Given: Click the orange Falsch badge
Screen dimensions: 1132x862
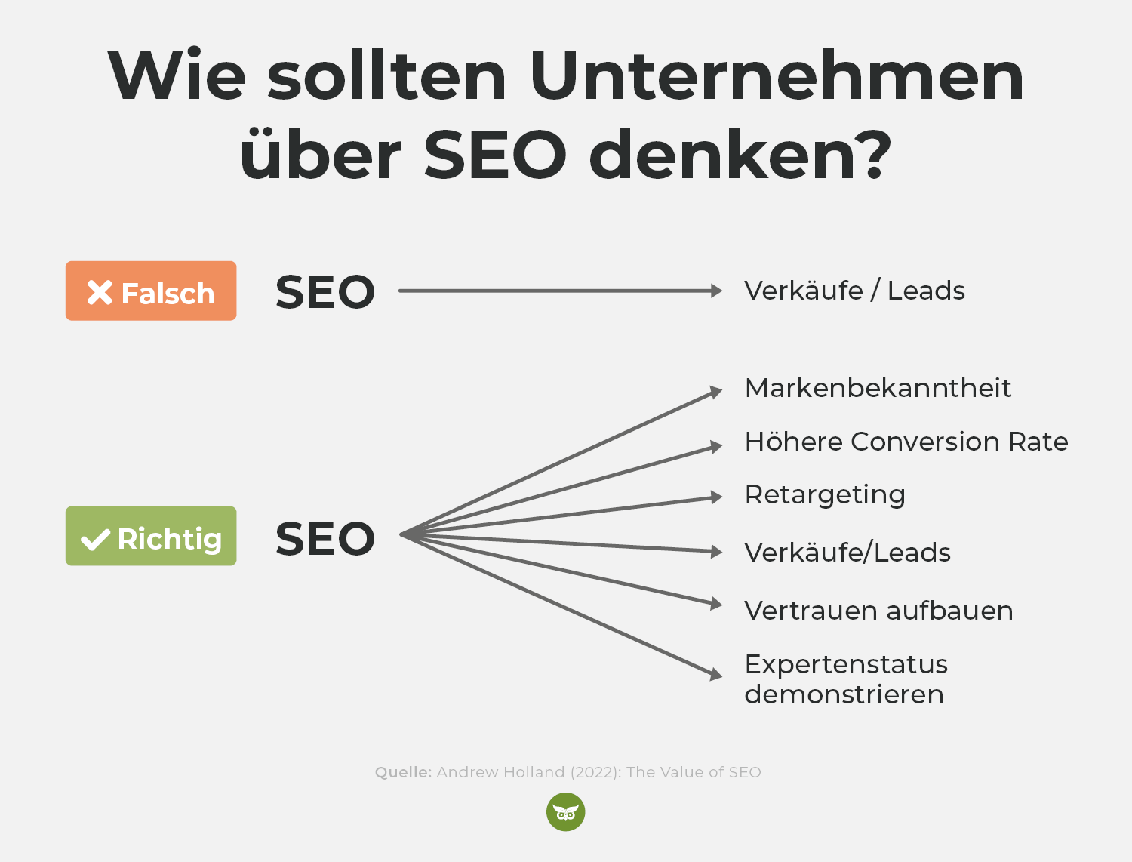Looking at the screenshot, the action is point(151,291).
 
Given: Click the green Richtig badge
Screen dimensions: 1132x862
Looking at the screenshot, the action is point(151,536).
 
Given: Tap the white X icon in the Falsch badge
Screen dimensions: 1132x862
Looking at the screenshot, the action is point(100,293).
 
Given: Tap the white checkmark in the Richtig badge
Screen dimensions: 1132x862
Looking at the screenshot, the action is point(95,540).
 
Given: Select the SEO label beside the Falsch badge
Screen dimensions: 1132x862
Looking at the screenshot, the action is point(325,292).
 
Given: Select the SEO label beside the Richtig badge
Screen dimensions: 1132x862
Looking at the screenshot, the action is point(325,538).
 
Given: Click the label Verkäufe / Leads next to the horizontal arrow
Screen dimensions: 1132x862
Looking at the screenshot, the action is point(854,291).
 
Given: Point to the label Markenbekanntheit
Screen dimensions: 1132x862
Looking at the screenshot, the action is point(878,388).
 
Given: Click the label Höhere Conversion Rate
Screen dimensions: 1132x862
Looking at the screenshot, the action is point(906,442).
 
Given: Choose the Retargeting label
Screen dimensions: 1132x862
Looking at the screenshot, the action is point(825,495).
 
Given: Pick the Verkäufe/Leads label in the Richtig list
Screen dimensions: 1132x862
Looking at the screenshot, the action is point(847,552).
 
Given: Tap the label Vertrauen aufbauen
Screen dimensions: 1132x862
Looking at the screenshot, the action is point(878,611).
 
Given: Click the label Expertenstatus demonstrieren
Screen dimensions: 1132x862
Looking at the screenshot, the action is point(846,679).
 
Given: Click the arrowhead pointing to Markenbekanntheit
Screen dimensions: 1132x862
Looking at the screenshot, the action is point(716,392).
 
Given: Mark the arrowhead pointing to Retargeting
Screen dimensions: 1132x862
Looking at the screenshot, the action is point(716,497).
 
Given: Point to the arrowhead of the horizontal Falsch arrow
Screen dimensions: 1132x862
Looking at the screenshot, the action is point(716,291).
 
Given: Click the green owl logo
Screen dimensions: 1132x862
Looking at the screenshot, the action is point(566,812).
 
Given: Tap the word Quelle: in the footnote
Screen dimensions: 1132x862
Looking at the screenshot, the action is point(403,772).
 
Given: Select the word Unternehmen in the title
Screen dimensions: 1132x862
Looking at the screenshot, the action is point(777,75).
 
